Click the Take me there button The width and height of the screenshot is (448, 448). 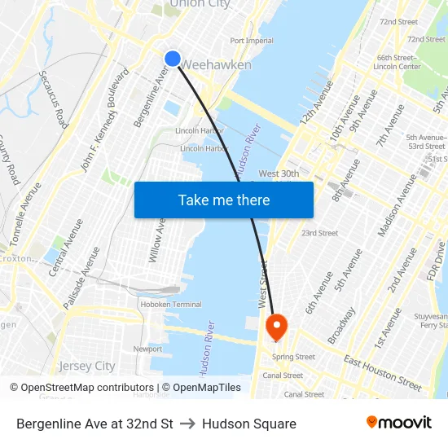click(224, 200)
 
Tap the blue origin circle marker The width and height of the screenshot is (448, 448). click(173, 58)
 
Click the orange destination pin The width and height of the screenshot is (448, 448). click(277, 327)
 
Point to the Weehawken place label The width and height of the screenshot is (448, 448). click(216, 64)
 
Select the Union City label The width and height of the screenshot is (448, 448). click(200, 5)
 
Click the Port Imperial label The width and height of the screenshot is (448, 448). click(252, 40)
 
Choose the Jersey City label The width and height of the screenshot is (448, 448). click(87, 366)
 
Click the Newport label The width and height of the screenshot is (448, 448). click(147, 349)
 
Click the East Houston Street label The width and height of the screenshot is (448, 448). click(382, 373)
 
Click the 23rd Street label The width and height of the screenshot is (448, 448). click(319, 233)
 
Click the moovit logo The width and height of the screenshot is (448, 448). click(399, 423)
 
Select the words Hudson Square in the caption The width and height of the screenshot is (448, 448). click(249, 424)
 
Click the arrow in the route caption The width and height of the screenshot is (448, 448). click(187, 424)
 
